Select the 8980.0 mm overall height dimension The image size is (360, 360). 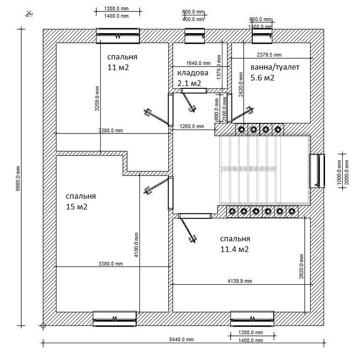pyautogui.click(x=18, y=182)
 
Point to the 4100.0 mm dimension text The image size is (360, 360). pyautogui.click(x=136, y=244)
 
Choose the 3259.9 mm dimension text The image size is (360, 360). pyautogui.click(x=97, y=98)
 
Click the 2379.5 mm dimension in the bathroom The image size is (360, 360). pyautogui.click(x=269, y=55)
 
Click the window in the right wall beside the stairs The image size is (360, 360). pyautogui.click(x=317, y=171)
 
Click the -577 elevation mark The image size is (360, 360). pyautogui.click(x=29, y=15)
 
